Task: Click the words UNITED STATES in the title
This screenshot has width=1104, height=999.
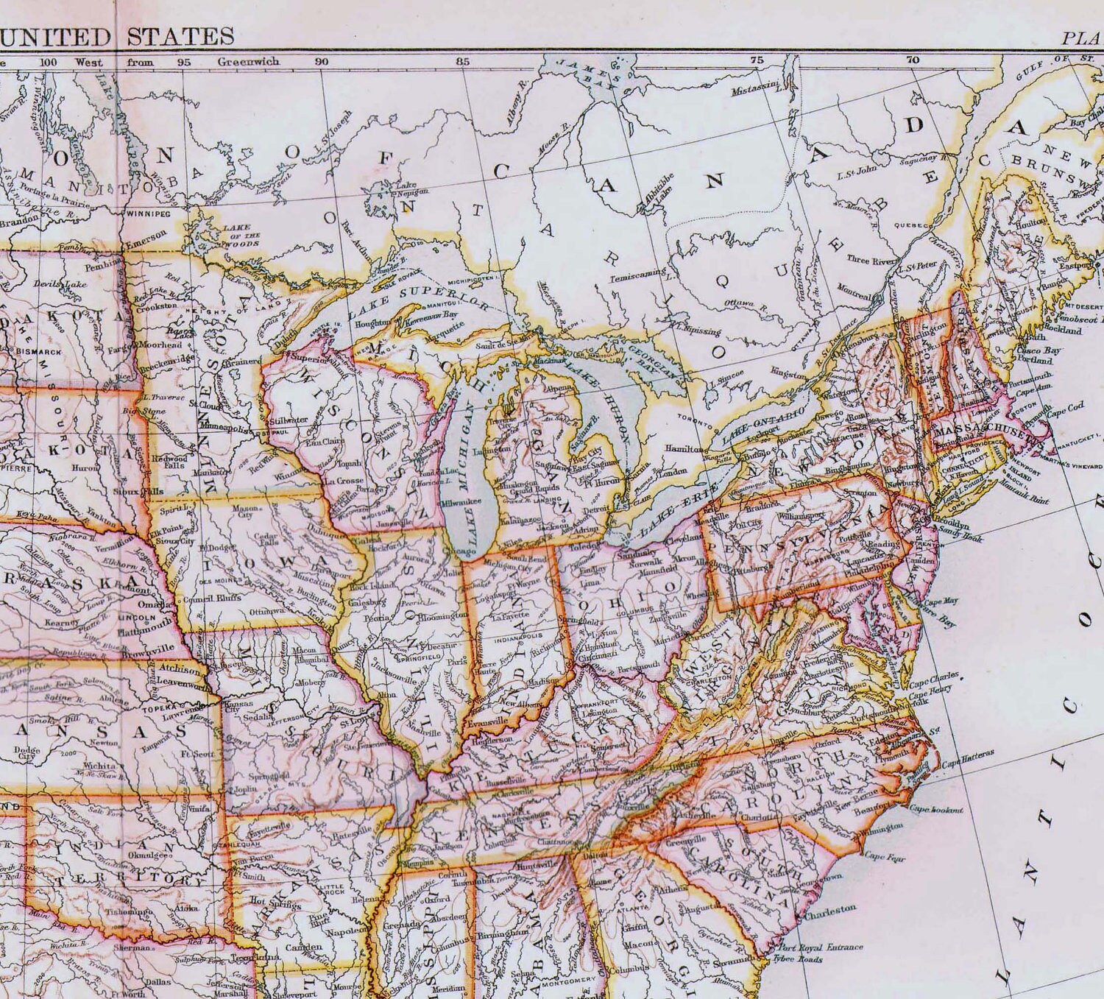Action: click(117, 35)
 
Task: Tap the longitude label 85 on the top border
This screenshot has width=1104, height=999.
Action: click(462, 62)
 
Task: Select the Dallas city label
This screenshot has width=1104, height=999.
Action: click(159, 981)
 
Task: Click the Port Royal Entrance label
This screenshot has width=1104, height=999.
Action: click(821, 947)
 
